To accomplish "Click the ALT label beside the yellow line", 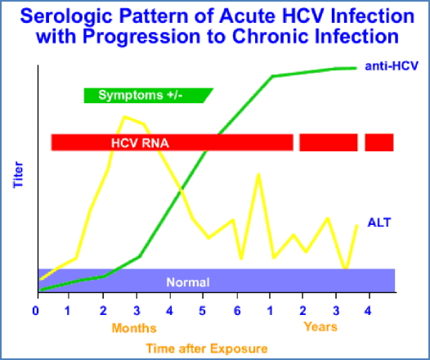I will [379, 222].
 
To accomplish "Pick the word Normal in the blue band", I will [188, 282].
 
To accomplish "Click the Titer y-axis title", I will [19, 175].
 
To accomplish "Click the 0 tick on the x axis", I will [36, 311].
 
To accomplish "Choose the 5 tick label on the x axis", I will [203, 311].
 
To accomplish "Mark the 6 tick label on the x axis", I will [237, 311].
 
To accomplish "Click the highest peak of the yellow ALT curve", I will [125, 117].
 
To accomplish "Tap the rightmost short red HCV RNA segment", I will [379, 142].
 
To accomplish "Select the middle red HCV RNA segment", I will [328, 142].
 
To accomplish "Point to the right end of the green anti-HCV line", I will [356, 67].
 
